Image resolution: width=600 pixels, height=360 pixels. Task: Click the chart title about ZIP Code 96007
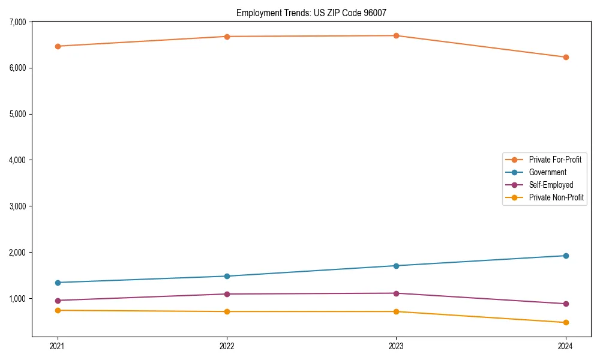pos(316,13)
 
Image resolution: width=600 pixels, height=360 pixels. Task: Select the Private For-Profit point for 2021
pos(58,46)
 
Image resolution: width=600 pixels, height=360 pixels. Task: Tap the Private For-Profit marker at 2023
pos(396,36)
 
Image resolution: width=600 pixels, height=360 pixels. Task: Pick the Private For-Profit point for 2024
pos(565,58)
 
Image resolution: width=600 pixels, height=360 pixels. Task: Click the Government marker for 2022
pos(227,276)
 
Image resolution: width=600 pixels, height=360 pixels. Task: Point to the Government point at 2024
pos(565,256)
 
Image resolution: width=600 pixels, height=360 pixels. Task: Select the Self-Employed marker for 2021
pos(58,301)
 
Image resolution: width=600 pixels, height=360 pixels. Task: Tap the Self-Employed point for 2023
pos(396,293)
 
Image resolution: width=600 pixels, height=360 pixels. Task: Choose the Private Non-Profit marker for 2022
pos(227,311)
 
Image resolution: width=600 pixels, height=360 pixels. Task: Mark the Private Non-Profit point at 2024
pos(565,323)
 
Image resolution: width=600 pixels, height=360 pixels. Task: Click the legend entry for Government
pos(547,172)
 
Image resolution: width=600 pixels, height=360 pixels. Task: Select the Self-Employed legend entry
pos(551,185)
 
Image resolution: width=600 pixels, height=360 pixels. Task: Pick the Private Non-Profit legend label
pos(556,197)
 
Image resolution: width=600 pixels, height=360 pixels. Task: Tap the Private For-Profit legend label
pos(555,160)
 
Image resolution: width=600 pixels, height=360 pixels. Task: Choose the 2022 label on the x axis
pos(227,346)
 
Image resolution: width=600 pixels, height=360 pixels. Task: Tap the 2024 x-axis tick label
pos(565,346)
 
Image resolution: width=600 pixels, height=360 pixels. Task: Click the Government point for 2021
pos(58,283)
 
